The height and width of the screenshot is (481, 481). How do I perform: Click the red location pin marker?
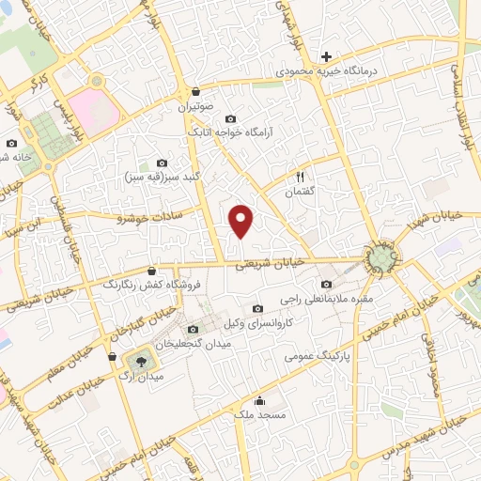(x=242, y=221)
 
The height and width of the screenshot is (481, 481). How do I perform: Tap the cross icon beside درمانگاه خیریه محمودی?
(x=326, y=57)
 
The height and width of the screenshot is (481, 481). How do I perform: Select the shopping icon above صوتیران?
(x=195, y=92)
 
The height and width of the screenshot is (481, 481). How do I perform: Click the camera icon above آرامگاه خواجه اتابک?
(x=231, y=119)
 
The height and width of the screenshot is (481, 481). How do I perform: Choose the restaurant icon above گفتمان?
(x=301, y=177)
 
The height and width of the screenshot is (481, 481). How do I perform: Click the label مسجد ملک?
(x=257, y=413)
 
